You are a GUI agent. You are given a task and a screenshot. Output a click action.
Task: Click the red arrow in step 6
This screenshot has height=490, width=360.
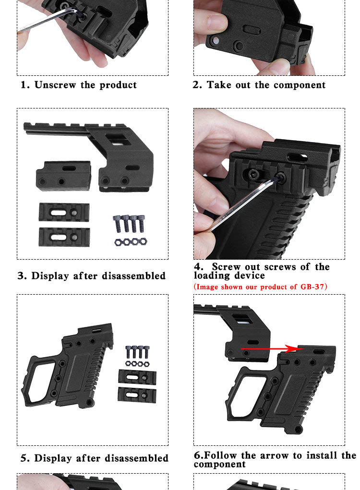[272, 348]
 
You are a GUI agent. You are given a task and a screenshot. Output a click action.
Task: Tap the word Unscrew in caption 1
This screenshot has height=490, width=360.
[55, 84]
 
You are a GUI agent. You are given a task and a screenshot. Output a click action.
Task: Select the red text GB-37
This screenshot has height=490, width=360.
[312, 287]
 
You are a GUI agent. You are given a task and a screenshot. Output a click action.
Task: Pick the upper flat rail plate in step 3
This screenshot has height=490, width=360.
[64, 212]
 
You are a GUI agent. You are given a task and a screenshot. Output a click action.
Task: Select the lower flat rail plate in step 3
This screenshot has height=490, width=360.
[64, 237]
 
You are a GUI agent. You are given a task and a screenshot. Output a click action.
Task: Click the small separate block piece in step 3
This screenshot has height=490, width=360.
[63, 176]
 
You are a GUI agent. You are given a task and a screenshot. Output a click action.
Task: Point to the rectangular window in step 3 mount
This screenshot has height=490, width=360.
[118, 140]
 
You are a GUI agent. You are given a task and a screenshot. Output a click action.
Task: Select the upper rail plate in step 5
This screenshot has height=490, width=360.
[137, 378]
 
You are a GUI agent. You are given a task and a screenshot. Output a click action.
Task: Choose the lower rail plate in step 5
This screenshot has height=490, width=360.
[137, 395]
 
